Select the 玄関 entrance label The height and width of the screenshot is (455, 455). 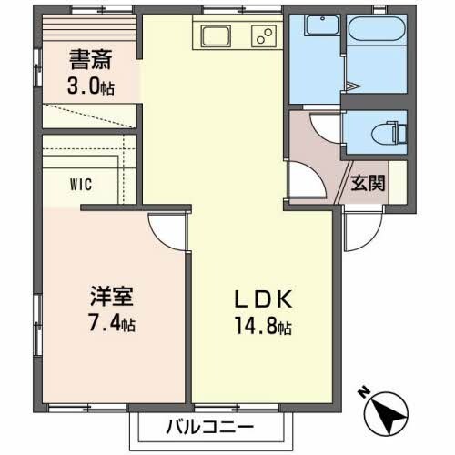click(369, 182)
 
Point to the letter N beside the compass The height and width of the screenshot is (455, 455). click(363, 393)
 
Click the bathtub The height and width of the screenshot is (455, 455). click(376, 55)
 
